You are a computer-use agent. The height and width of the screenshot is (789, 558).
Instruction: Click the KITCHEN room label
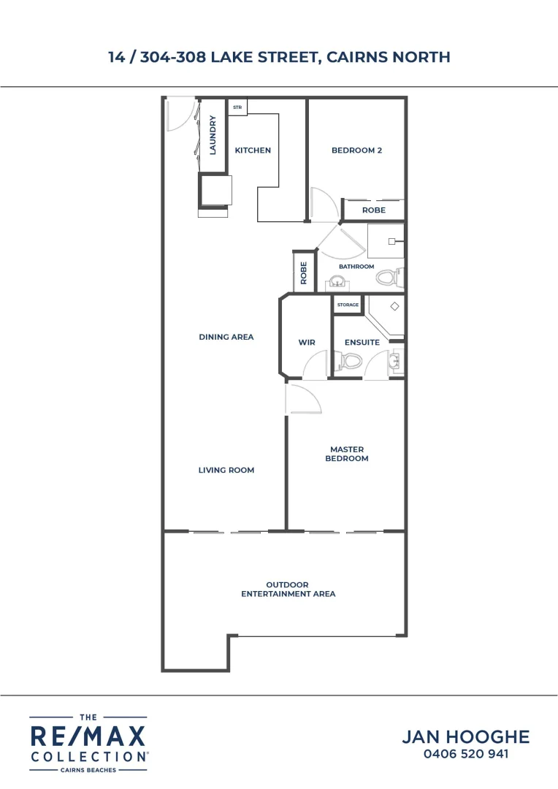253,150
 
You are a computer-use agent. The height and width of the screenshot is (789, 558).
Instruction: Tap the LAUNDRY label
213,135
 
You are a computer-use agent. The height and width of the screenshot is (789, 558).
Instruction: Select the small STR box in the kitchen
237,107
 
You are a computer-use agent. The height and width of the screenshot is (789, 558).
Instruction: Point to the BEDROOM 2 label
357,150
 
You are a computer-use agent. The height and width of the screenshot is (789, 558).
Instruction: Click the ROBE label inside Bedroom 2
373,210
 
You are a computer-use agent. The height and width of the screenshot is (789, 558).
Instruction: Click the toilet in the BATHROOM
391,276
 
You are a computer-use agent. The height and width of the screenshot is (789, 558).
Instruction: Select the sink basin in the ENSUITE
395,360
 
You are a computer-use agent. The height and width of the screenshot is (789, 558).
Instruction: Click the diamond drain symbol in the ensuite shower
394,307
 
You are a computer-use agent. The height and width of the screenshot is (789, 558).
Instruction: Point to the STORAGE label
348,305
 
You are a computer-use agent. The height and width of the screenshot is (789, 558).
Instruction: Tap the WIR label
306,342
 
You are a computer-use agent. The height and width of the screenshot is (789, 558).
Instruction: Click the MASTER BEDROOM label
348,454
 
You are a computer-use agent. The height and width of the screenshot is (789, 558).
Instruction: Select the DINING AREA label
226,337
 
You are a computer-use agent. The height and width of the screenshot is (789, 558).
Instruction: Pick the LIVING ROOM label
226,470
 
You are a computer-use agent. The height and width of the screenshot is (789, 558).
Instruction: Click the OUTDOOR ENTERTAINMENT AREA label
288,590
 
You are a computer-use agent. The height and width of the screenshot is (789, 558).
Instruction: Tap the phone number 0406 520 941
466,754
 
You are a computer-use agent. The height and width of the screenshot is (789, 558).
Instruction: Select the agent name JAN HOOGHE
466,736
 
